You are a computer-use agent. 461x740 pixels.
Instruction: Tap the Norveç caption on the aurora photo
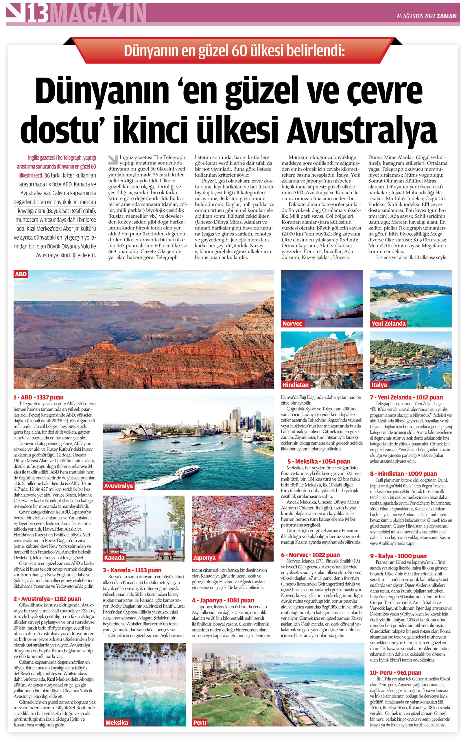pos(292,323)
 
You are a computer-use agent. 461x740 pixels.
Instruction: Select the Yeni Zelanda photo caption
pos(388,323)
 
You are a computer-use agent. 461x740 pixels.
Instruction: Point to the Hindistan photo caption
pos(295,385)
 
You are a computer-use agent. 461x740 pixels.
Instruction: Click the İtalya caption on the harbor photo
pos(379,385)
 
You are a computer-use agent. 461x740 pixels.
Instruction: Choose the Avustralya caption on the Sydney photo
pos(118,486)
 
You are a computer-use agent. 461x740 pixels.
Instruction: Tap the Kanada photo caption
pos(114,558)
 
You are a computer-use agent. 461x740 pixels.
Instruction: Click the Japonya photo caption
pos(204,558)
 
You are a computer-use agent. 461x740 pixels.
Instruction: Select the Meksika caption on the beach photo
pos(117,722)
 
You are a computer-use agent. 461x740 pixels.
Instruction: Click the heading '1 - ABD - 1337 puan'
pos(38,397)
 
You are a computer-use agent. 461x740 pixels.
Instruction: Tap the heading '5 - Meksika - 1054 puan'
pos(319,461)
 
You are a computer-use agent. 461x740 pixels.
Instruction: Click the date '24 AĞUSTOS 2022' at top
pos(416,16)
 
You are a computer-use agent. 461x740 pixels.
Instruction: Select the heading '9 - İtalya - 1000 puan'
pos(398,556)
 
